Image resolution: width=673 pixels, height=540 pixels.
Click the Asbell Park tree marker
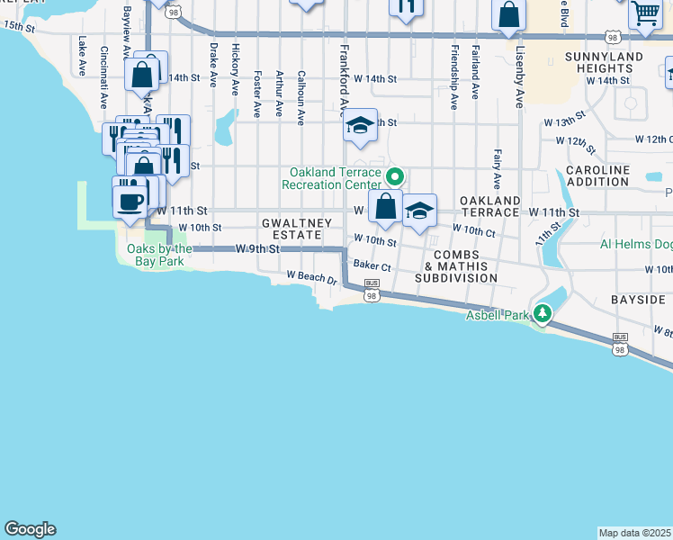pos(542,314)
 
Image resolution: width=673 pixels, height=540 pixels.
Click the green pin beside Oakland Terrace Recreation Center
pos(392,175)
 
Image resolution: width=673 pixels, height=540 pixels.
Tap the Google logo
pos(30,529)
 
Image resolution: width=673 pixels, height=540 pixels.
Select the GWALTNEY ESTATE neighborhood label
pos(292,228)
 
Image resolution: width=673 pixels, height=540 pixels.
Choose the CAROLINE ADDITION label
pos(597,175)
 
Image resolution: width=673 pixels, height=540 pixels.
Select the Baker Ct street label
pos(372,266)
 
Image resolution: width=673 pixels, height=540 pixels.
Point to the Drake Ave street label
pos(213,63)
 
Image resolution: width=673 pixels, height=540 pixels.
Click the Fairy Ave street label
pos(497,169)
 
